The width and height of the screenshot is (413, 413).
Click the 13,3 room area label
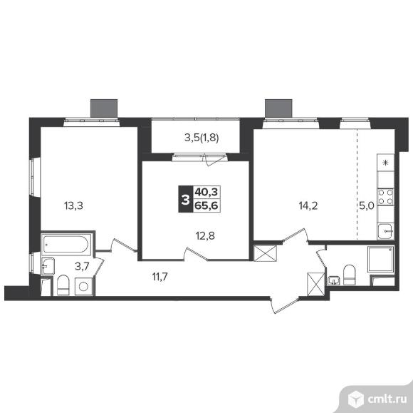pos(73,205)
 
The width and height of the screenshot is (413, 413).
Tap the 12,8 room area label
pos(205,235)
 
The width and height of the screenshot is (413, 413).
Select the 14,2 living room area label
pos(308,205)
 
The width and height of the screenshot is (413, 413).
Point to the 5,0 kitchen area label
pos(367,205)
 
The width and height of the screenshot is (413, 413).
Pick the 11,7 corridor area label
pos(160,277)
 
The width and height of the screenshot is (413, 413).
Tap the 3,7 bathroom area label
pos(82,267)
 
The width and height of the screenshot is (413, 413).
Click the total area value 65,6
pos(206,205)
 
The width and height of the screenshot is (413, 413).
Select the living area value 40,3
pos(206,193)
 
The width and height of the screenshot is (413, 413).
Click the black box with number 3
pos(186,199)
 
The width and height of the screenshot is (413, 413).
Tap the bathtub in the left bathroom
pos(66,244)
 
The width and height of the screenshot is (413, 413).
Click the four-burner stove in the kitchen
pos(386,197)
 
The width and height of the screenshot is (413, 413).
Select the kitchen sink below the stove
pos(386,231)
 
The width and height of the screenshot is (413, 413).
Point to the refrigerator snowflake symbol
pos(385,163)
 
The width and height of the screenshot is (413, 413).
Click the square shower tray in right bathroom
pos(381,260)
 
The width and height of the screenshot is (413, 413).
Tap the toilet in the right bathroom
pos(350,275)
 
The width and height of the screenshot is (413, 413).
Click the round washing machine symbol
pos(83,286)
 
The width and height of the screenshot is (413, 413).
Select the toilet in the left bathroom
pos(63,285)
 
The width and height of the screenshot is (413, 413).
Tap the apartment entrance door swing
pos(284,305)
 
